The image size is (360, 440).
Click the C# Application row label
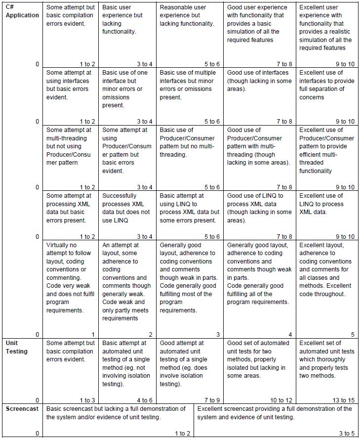pyautogui.click(x=22, y=11)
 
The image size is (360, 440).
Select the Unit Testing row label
pyautogui.click(x=16, y=347)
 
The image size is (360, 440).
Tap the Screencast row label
pyautogui.click(x=22, y=409)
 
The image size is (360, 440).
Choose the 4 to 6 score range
pyautogui.click(x=144, y=400)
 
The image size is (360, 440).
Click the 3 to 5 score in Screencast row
pyautogui.click(x=347, y=433)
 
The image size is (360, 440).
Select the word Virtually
pyautogui.click(x=58, y=245)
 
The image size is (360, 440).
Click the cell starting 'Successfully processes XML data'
pyautogui.click(x=127, y=208)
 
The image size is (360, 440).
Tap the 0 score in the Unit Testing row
pyautogui.click(x=37, y=400)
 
